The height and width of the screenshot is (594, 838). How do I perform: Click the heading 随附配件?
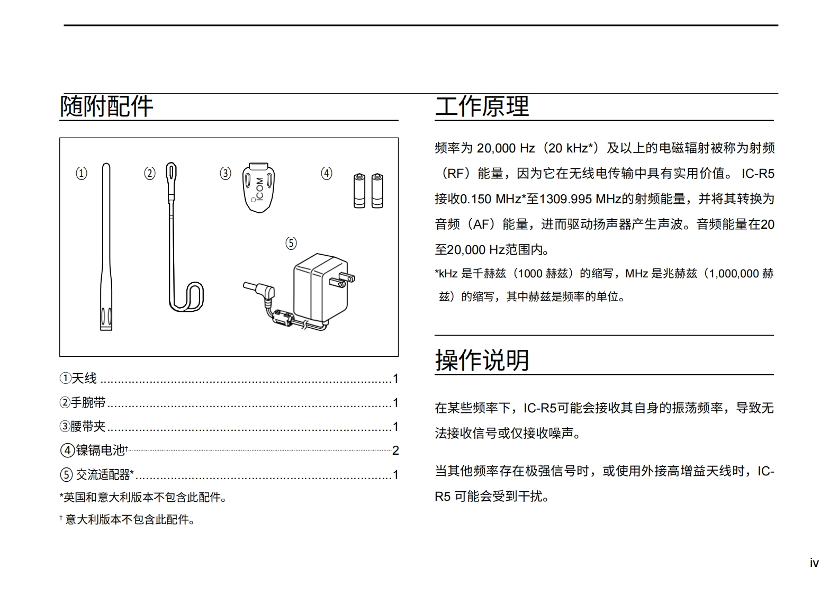click(x=106, y=106)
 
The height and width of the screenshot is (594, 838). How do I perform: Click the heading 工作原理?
click(x=482, y=106)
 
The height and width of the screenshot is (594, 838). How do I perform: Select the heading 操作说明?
click(x=482, y=361)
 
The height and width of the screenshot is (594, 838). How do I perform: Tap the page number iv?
click(x=814, y=563)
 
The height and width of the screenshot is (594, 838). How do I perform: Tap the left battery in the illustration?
click(x=359, y=191)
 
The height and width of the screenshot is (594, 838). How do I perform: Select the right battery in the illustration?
click(x=377, y=191)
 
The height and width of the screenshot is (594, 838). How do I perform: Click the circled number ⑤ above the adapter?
click(x=291, y=243)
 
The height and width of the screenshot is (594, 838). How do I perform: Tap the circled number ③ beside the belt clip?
click(x=226, y=173)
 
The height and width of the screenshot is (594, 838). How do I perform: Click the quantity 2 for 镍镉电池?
click(x=395, y=451)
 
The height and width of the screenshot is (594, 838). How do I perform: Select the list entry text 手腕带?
click(x=88, y=403)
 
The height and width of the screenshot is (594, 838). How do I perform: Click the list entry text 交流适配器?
click(x=103, y=475)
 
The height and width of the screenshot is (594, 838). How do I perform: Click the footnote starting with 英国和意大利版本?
click(x=143, y=498)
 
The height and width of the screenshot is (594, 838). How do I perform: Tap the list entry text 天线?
click(x=84, y=379)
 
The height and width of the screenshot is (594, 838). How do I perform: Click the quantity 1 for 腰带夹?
click(x=395, y=427)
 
